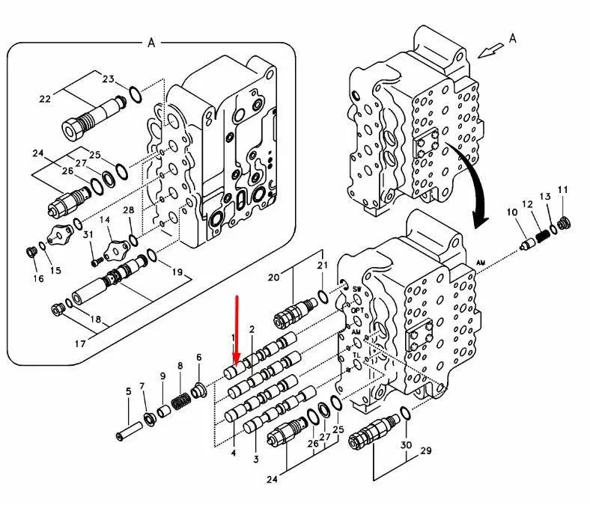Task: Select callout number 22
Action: point(44,98)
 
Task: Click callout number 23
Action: point(108,79)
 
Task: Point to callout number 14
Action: point(106,220)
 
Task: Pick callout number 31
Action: point(88,234)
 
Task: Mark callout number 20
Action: point(273,277)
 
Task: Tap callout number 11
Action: point(563,189)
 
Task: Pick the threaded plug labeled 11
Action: point(564,223)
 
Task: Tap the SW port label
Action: point(356,289)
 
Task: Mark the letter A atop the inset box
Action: point(151,43)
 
